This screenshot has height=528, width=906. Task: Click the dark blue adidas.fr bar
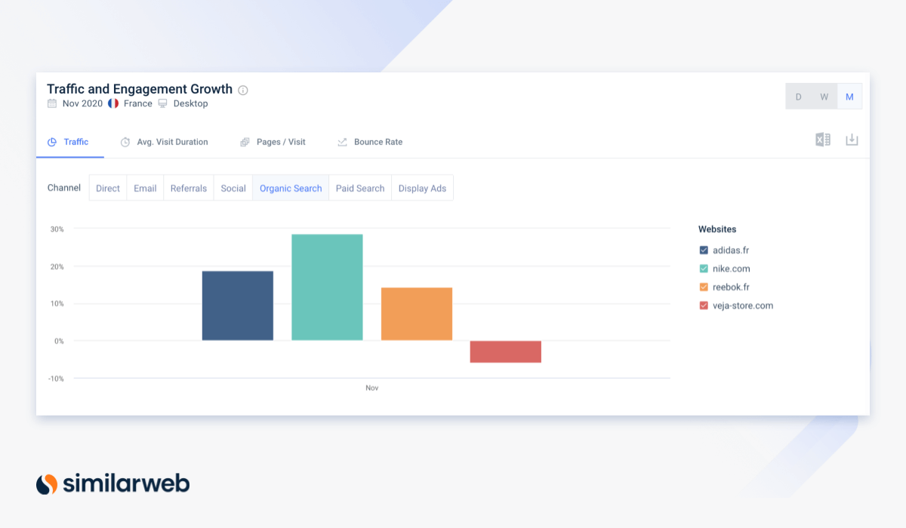click(237, 305)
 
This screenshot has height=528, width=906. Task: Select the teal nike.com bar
click(327, 287)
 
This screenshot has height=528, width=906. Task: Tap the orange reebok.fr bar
click(417, 314)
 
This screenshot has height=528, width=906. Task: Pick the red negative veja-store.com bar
click(506, 351)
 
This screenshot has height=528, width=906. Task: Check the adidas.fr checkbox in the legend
click(704, 250)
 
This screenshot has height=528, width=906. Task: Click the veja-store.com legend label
click(743, 305)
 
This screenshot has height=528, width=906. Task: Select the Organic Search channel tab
click(291, 189)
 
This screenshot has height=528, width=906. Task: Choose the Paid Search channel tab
click(360, 189)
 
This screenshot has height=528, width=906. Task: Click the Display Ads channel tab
click(422, 189)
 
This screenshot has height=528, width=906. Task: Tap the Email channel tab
click(145, 189)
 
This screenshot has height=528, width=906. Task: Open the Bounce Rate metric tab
click(377, 142)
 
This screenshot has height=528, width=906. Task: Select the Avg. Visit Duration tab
click(172, 142)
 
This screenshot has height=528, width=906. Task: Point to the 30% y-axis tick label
click(57, 229)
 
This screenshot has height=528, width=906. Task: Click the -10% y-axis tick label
click(56, 379)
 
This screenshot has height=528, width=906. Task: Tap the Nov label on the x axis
click(371, 388)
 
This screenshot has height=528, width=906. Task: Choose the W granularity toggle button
click(824, 97)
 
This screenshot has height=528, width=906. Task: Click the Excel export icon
click(823, 140)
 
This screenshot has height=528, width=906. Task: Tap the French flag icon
click(113, 103)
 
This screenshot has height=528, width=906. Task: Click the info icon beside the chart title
click(243, 91)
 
